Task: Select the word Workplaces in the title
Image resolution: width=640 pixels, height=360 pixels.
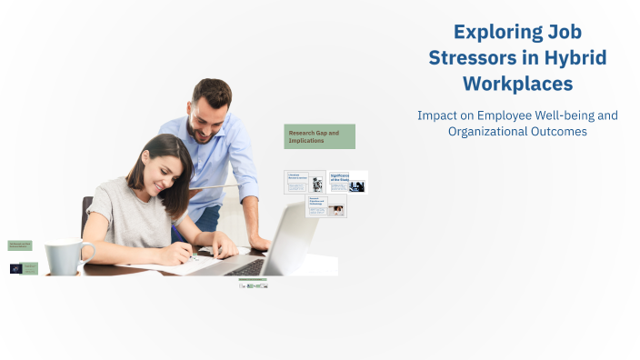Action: [x=518, y=84]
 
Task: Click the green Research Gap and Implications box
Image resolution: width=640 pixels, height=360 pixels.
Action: [x=319, y=136]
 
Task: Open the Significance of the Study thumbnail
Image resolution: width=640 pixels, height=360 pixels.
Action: [x=348, y=181]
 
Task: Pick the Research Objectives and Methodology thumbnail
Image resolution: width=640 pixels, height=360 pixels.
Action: [x=325, y=205]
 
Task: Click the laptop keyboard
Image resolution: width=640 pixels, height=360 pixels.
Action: [x=243, y=267]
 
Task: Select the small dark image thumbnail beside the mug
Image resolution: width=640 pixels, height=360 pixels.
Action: [x=15, y=268]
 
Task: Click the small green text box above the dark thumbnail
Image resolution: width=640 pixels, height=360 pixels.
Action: [x=20, y=245]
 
